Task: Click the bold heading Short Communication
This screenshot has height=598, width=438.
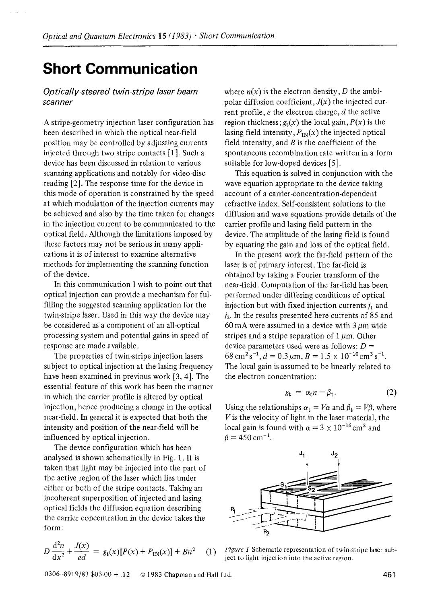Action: point(120,69)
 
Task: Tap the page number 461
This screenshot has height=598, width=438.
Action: point(390,575)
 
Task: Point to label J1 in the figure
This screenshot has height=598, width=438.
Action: point(302,454)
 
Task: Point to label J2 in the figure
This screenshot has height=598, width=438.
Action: point(333,455)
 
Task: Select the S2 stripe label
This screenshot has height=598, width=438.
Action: point(310,489)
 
